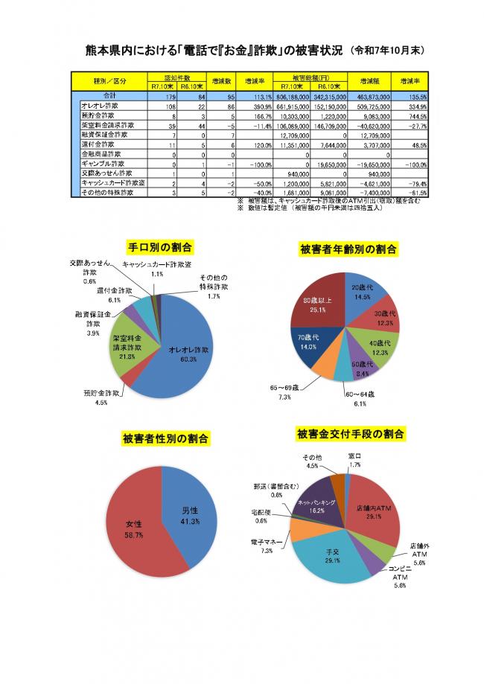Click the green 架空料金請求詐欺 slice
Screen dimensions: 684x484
(127, 348)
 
